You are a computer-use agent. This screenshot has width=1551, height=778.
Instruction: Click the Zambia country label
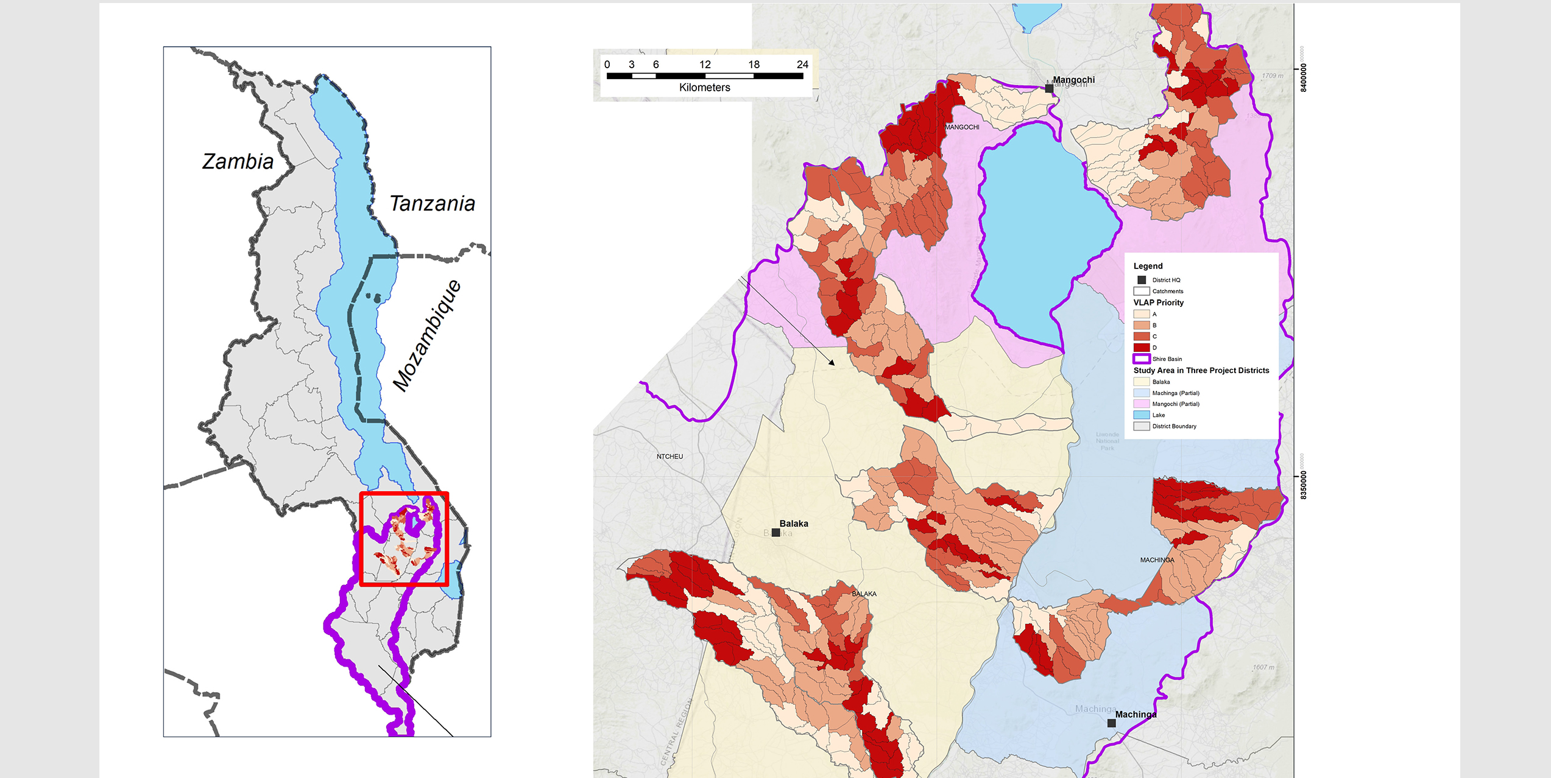[238, 162]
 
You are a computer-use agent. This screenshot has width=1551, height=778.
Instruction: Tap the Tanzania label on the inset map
[432, 204]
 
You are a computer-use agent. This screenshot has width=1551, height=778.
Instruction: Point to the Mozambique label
[427, 336]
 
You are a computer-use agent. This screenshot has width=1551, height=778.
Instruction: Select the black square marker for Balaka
[775, 533]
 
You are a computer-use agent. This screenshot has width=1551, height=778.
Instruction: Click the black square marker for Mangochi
[1049, 89]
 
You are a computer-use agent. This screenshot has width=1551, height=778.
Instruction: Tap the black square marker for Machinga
[1111, 723]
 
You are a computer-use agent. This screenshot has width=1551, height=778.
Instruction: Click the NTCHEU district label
[670, 457]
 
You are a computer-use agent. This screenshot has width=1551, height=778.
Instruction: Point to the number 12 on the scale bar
[705, 65]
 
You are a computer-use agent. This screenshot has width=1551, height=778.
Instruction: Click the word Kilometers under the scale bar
[704, 88]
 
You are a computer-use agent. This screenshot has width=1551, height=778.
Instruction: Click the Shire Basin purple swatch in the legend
[1141, 359]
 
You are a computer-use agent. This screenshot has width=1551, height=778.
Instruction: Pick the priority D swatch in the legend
[1141, 348]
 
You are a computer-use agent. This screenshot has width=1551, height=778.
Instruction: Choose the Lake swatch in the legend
[1141, 415]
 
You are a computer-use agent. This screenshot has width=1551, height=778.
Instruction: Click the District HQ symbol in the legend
[1142, 280]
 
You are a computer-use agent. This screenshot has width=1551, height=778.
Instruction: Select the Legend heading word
[1148, 266]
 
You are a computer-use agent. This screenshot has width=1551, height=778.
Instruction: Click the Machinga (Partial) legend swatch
[1141, 393]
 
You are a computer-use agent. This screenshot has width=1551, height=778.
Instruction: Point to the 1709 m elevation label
[1272, 76]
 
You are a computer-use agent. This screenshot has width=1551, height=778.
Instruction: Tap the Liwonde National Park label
[1107, 441]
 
